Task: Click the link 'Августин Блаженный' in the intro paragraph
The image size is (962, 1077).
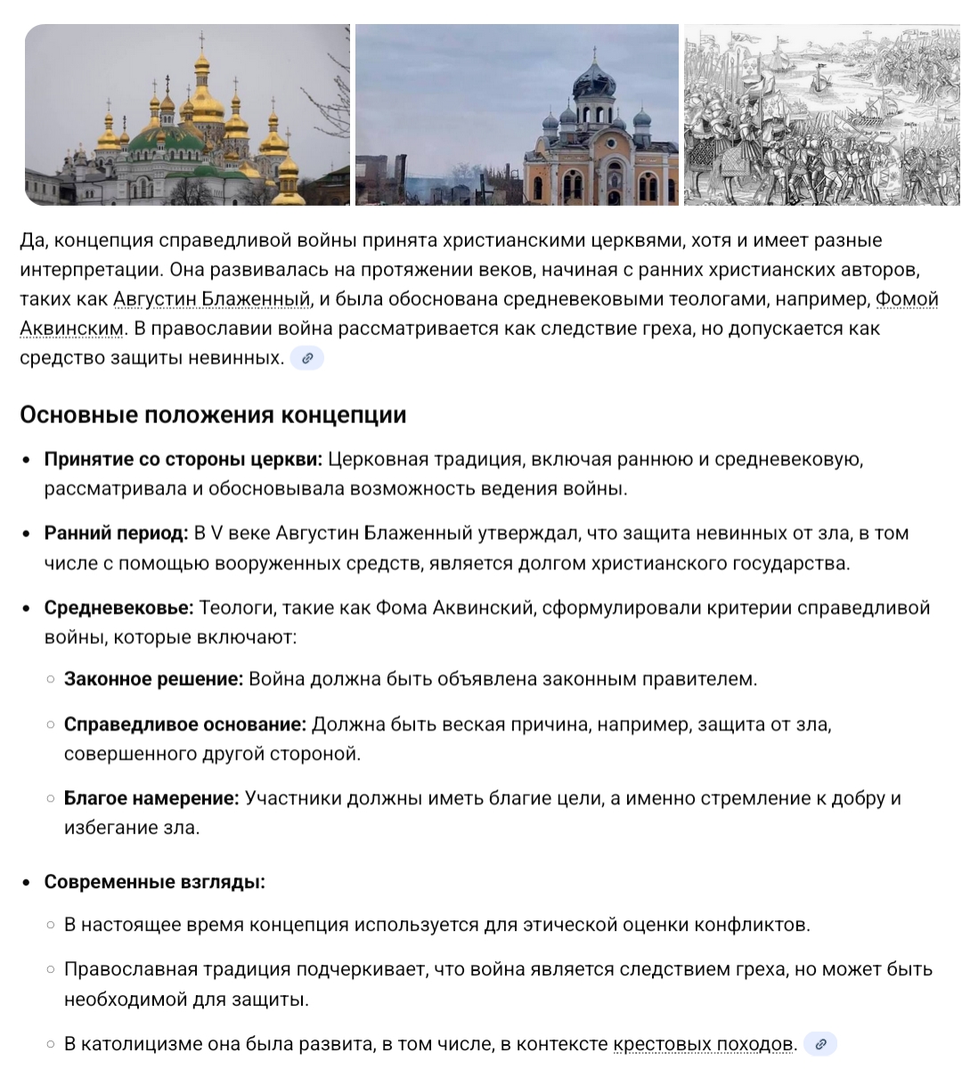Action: [x=212, y=299]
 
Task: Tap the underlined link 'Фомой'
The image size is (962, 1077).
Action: [x=907, y=299]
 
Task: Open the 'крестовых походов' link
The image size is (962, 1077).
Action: [x=704, y=1044]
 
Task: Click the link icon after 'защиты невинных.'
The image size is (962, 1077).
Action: [x=307, y=359]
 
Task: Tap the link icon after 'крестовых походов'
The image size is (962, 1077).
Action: [x=820, y=1044]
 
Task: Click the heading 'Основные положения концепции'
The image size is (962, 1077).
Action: [x=213, y=415]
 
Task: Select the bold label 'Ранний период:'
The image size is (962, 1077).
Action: [x=117, y=534]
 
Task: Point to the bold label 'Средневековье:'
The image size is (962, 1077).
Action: [x=118, y=608]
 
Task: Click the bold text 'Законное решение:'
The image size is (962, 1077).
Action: [x=153, y=680]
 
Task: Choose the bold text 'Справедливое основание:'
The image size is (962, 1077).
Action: [x=185, y=724]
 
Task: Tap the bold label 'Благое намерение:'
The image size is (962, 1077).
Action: [x=151, y=798]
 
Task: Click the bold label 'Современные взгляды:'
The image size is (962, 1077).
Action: [x=155, y=883]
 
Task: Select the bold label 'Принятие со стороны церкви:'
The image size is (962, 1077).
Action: [x=183, y=460]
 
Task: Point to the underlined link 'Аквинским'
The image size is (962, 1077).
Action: [x=71, y=329]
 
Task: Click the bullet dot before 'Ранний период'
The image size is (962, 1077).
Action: [x=27, y=534]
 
